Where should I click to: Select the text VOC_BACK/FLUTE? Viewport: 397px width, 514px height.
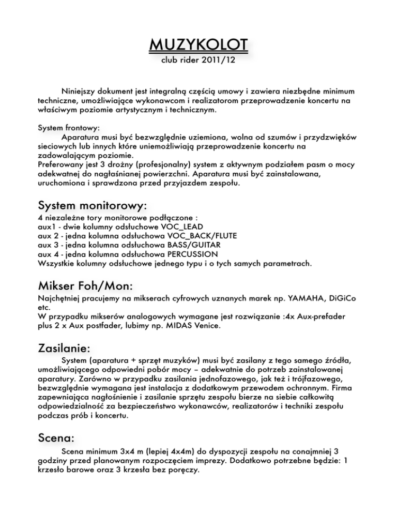pos(203,236)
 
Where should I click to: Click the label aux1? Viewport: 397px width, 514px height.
pos(48,226)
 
